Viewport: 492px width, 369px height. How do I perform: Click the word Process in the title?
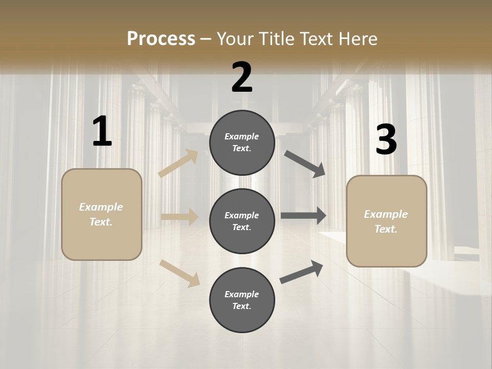[x=161, y=39]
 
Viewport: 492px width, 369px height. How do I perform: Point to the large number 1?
[x=102, y=132]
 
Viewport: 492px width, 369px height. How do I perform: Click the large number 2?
[x=242, y=77]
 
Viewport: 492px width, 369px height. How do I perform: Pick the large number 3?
[x=386, y=140]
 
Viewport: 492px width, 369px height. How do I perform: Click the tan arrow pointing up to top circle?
[x=178, y=163]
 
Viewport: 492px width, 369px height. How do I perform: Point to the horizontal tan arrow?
[x=179, y=217]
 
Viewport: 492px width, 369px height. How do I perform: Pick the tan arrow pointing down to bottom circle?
[x=180, y=272]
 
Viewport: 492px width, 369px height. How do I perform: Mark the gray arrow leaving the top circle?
[x=305, y=164]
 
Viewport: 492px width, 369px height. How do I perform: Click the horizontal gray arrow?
[x=303, y=216]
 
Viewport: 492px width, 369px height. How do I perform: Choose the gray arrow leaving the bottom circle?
[x=302, y=272]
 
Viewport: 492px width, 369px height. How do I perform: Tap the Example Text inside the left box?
[x=101, y=214]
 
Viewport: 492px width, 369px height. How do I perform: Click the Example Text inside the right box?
[x=386, y=221]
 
